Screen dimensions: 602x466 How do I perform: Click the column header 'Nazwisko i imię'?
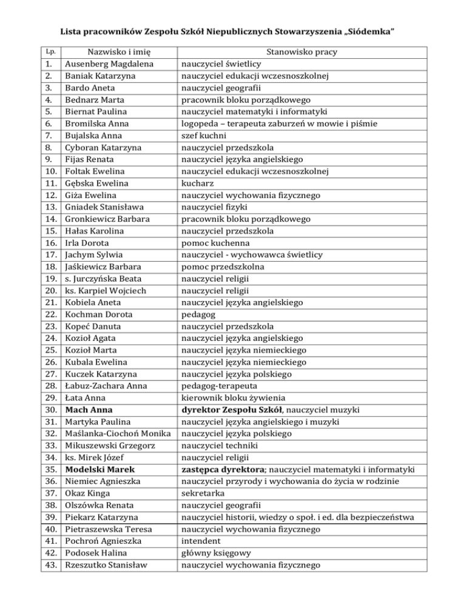[116, 52]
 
